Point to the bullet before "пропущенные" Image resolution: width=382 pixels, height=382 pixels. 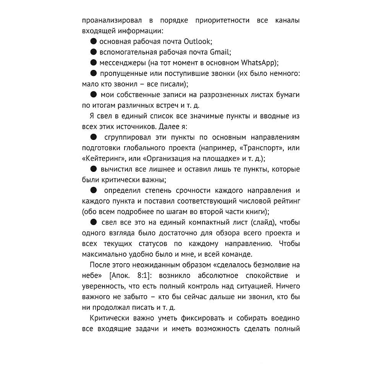tap(93, 73)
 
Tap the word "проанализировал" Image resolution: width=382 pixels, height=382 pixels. tap(109, 20)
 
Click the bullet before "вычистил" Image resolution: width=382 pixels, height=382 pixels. tap(93, 169)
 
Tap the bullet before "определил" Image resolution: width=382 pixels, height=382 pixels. tap(93, 190)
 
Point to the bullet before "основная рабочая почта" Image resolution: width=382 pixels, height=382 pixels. tap(93, 41)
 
